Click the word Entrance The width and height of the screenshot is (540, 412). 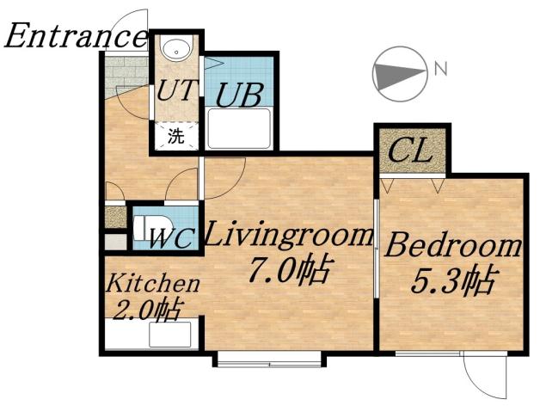[76, 36]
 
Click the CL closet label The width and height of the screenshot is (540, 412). [409, 153]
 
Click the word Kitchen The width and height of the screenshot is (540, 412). [153, 283]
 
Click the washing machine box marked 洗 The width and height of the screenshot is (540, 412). [175, 135]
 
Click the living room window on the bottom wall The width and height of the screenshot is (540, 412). [269, 359]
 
